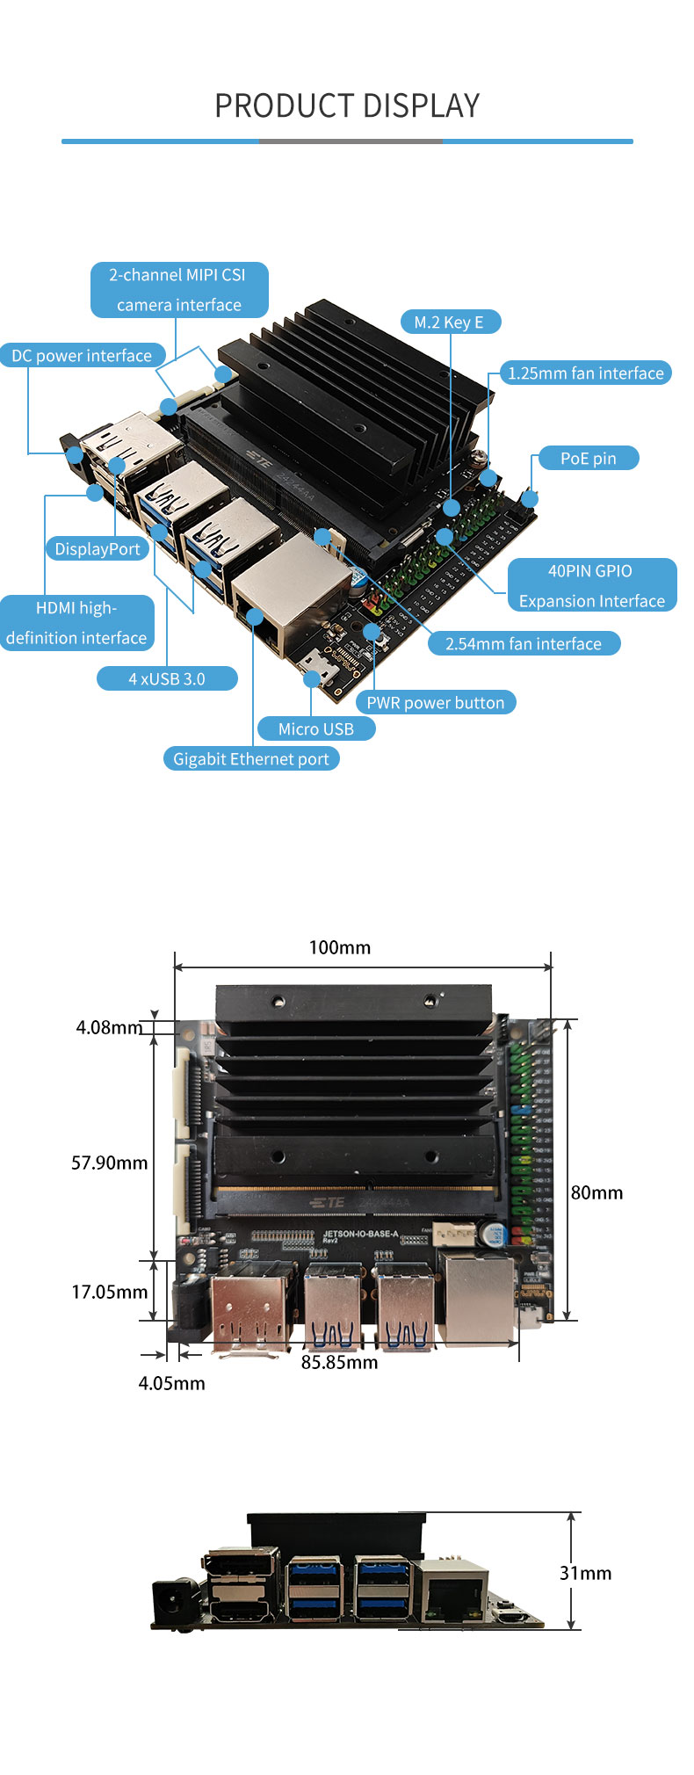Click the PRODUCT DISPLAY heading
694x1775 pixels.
pos(347,105)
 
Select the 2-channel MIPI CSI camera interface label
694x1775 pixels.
pos(179,290)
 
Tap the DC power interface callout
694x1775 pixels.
pos(82,356)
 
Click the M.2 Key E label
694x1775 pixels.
pos(449,322)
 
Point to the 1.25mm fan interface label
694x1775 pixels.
pos(585,373)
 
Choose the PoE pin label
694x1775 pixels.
pos(588,459)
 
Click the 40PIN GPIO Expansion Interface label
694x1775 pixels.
pos(591,586)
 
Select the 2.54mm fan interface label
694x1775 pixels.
pos(524,644)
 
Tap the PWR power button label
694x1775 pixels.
pos(435,703)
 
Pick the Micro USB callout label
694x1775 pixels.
pos(315,729)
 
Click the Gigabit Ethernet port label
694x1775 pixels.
pos(250,759)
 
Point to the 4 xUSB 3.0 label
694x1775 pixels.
pos(167,679)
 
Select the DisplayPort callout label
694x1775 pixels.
pos(98,549)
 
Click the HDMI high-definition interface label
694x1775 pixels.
pos(76,623)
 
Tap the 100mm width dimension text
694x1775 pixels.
pos(340,947)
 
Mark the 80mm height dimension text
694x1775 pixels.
pos(596,1192)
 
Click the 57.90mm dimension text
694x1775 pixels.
pos(109,1163)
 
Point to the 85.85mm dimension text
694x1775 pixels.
pos(339,1363)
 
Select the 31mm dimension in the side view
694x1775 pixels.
pos(585,1573)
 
